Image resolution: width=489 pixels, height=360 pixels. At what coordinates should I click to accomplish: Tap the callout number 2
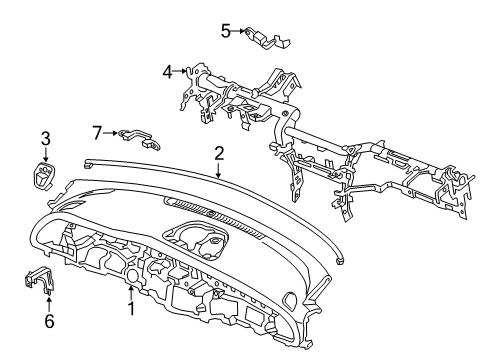click(219, 153)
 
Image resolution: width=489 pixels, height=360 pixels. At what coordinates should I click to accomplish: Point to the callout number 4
click(168, 70)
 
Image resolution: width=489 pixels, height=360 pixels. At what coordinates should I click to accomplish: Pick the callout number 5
click(226, 31)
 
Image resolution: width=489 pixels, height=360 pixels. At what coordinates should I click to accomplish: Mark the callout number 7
click(97, 131)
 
